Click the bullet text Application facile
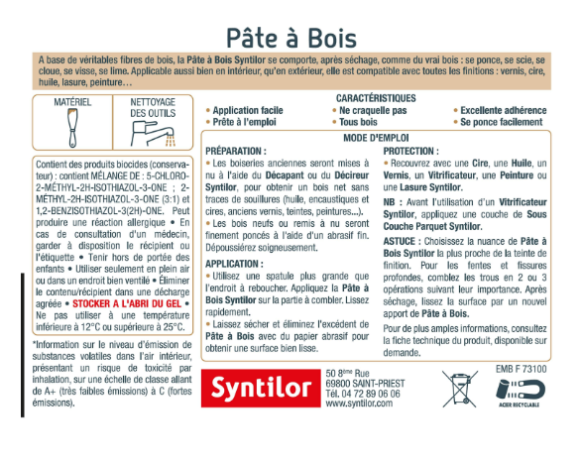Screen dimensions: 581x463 click(x=248, y=111)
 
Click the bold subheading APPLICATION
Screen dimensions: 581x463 click(x=235, y=265)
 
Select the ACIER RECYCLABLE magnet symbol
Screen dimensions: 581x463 click(x=529, y=389)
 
